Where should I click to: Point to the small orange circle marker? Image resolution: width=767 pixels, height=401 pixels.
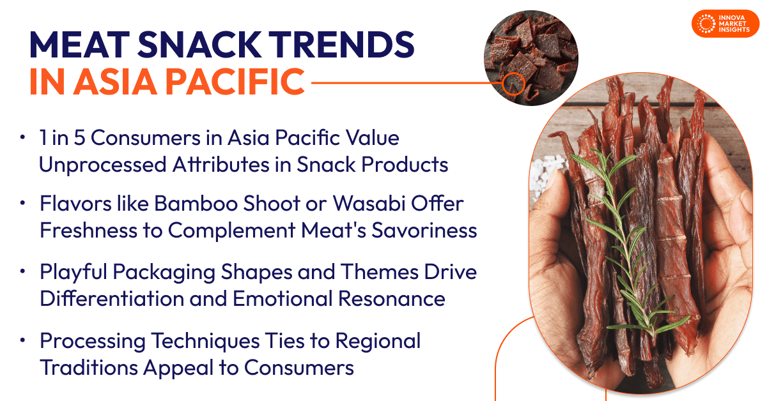coord(513,83)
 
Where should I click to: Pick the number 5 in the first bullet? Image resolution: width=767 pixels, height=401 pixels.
coord(86,137)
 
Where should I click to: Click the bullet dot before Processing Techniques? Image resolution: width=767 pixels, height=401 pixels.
coord(23,341)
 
